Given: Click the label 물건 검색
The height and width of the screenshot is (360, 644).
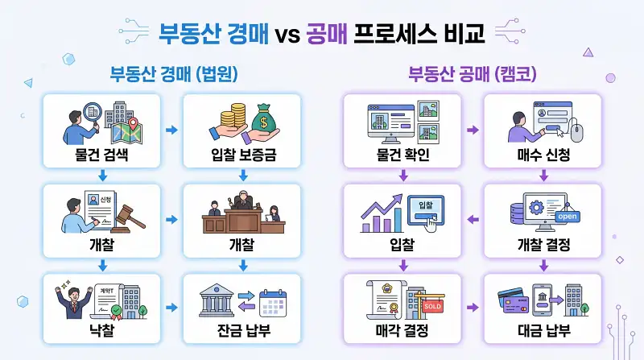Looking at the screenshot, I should point(102,155).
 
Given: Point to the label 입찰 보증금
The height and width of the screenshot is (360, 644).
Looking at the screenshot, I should point(242,155).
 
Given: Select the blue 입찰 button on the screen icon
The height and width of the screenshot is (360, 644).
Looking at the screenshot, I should point(424,207).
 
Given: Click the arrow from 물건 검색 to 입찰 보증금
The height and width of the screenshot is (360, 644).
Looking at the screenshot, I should point(172,129).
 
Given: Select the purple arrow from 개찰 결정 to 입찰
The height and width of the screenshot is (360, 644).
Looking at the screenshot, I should point(473,218).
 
